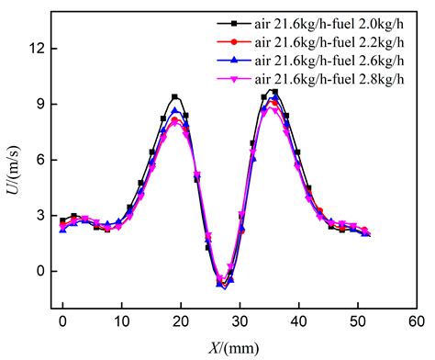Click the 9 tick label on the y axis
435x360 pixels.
pos(35,104)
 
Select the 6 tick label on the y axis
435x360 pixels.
pos(35,160)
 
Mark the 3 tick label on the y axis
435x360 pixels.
pos(35,216)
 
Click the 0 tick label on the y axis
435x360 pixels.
pos(35,271)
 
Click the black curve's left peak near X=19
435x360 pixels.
pos(174,96)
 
